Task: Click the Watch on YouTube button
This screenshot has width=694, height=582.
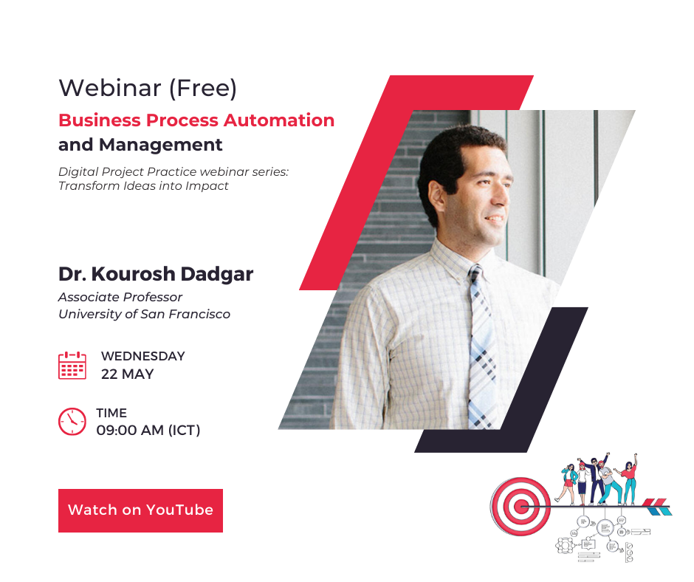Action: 140,510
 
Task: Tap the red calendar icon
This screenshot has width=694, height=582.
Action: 72,366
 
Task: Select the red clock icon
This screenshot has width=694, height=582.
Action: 72,421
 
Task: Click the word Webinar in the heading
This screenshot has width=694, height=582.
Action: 110,88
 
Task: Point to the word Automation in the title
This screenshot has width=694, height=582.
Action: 279,120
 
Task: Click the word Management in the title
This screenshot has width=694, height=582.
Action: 161,145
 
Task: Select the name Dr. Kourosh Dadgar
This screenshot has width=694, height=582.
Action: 156,274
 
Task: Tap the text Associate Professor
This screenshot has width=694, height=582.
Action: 120,297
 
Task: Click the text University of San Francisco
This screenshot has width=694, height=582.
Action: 144,314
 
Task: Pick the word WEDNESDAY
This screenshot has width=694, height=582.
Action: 143,356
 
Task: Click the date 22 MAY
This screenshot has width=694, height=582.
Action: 128,374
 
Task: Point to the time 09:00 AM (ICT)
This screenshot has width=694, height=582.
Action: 148,430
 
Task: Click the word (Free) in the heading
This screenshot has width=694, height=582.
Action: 203,88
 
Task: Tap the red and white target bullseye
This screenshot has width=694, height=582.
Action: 520,506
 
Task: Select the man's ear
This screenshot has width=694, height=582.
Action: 436,197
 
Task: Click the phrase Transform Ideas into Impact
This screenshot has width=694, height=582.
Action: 143,186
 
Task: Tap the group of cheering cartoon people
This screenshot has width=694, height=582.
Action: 599,479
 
